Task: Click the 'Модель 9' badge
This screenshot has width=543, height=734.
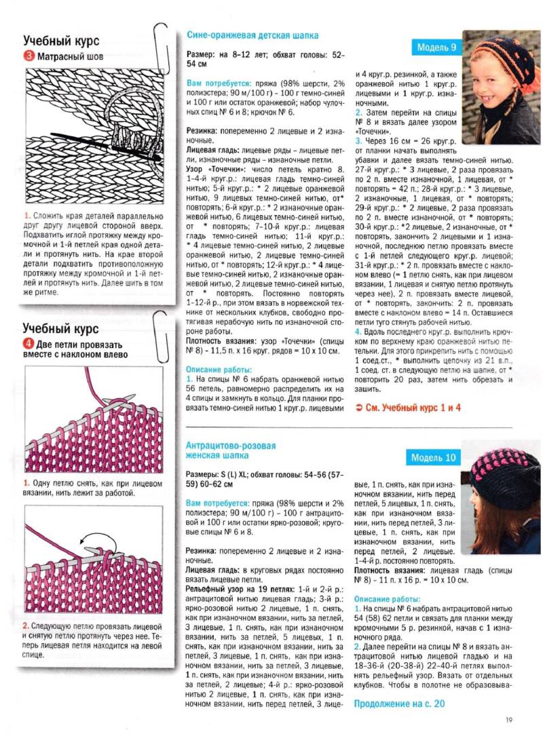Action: point(436,47)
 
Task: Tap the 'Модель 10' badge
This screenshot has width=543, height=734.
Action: point(434,458)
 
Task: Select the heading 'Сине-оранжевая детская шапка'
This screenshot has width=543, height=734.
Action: point(252,35)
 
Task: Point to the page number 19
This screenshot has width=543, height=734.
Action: point(508,720)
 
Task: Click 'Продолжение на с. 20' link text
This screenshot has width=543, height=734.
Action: point(399,703)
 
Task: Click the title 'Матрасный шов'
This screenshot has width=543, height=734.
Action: point(71,57)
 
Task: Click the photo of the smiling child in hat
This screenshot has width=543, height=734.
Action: point(501,86)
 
